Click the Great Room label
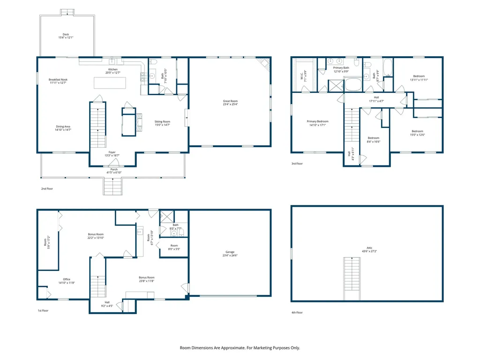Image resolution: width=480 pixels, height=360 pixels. tap(230, 101)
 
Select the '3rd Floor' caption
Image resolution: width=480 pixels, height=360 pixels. tap(297, 164)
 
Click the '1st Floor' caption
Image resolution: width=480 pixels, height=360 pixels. tap(44, 311)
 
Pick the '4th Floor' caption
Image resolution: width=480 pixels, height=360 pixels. tap(297, 312)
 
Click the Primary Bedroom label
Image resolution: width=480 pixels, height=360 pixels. tap(317, 121)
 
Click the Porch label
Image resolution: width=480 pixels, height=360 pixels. tap(111, 169)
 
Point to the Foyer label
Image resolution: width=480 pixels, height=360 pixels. tap(112, 152)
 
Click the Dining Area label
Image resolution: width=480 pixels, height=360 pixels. tap(63, 127)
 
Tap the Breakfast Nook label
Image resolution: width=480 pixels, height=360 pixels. tap(58, 80)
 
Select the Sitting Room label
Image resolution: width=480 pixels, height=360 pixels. tap(162, 121)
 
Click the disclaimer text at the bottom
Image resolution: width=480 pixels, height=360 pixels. tap(240, 348)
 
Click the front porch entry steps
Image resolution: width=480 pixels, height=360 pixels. tap(113, 187)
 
